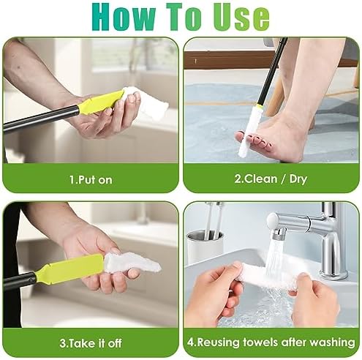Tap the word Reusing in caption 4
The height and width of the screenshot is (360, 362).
[225, 342]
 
